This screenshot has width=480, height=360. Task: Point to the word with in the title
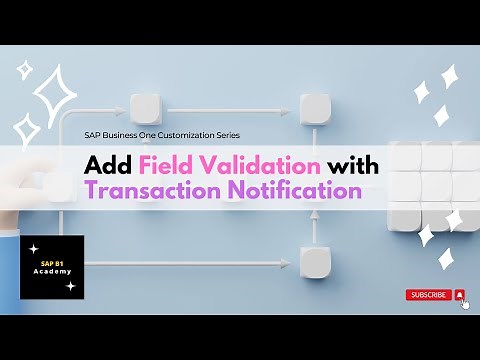tap(352, 164)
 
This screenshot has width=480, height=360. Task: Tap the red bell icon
tap(459, 295)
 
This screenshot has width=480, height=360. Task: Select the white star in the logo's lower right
tap(70, 286)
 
